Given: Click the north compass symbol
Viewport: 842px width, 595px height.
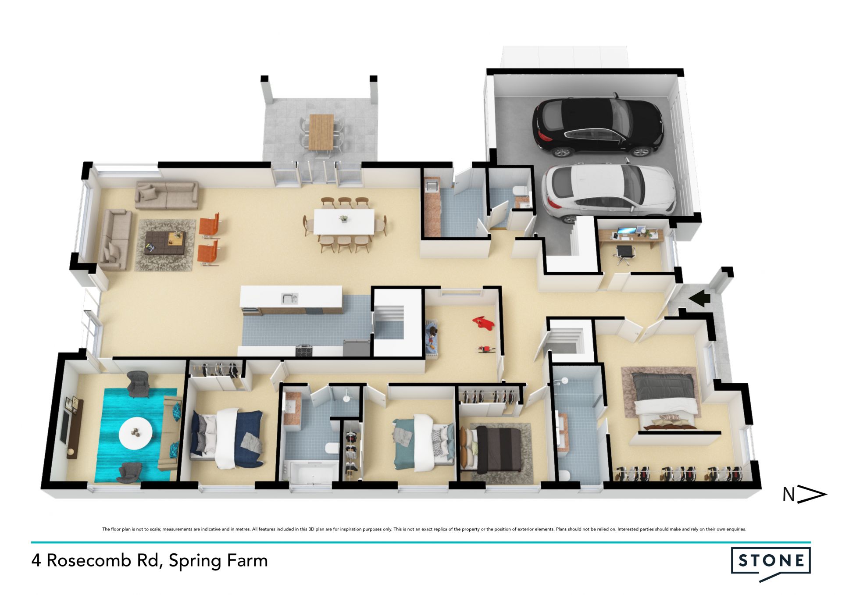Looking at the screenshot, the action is pos(805,495).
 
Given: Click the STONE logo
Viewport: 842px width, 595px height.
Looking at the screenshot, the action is pos(771,563).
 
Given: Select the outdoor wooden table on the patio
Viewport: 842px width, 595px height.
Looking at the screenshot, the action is pos(321,132).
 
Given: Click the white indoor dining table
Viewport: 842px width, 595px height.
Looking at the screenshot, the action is pos(344,222).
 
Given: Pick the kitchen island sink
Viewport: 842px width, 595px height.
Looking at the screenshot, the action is pos(289,299).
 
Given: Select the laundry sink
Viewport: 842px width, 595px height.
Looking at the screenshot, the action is pos(431,186).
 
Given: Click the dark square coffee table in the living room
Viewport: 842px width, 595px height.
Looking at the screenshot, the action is pos(165,242).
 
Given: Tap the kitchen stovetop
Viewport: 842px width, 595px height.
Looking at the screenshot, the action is pos(304,350).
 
